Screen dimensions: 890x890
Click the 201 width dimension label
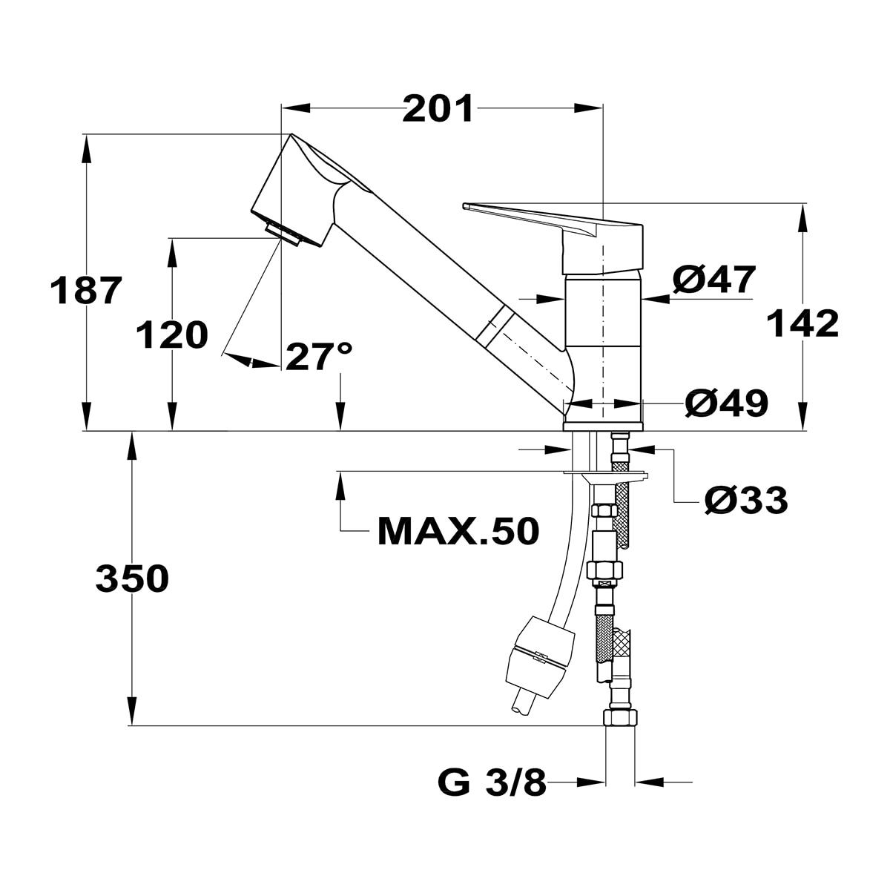tap(438, 109)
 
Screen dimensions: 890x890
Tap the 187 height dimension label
tap(86, 290)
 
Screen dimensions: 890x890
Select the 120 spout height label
tap(172, 334)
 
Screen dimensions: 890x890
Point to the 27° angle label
tap(319, 357)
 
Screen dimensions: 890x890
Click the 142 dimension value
tap(802, 323)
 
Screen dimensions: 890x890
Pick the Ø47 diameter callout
tap(714, 280)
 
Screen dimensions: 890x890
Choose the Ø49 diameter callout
tap(727, 403)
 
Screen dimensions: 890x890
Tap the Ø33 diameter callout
tap(746, 500)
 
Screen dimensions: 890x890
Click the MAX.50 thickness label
tap(458, 532)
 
